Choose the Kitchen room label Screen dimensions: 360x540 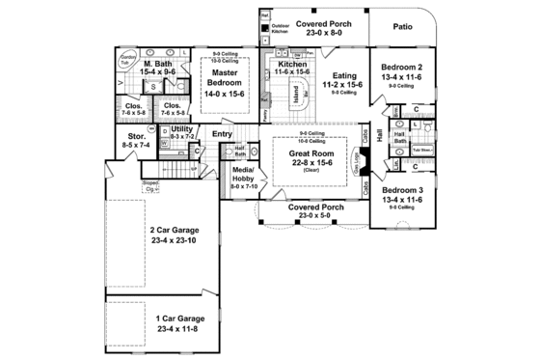pyautogui.click(x=286, y=64)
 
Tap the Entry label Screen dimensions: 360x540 pyautogui.click(x=223, y=134)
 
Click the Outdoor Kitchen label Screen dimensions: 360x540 pyautogui.click(x=281, y=29)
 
